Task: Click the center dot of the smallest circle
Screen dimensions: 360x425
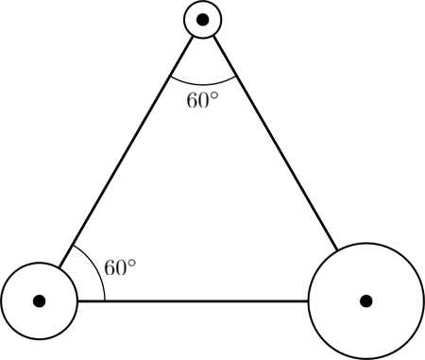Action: tap(202, 19)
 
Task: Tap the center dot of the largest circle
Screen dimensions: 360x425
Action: tap(365, 300)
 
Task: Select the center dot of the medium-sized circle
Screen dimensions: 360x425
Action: tap(39, 300)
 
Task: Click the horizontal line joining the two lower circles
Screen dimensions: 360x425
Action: tap(189, 300)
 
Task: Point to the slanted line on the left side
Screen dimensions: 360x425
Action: tap(123, 156)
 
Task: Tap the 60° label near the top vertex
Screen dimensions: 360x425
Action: tap(201, 100)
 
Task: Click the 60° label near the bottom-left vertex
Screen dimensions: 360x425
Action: tap(120, 267)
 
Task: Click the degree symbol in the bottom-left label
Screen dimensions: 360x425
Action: tap(134, 262)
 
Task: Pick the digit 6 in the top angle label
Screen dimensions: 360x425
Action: tap(192, 101)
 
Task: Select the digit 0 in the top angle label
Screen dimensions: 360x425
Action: tap(203, 101)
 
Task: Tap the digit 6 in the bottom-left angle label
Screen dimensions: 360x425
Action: tap(110, 267)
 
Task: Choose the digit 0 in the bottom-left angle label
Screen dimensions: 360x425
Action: tap(122, 267)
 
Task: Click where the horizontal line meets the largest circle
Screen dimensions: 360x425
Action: tap(308, 300)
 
